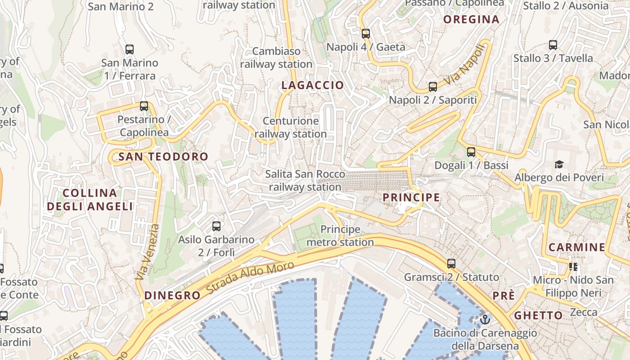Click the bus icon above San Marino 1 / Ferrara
130,49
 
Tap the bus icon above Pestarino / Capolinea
144,106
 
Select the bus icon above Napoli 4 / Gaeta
366,33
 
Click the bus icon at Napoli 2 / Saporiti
433,86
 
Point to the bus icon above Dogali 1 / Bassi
471,152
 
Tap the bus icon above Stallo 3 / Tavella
553,45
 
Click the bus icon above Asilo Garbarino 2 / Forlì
216,226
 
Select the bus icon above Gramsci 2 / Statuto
451,264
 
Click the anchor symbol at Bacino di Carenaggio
485,319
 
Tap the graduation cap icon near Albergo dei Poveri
559,164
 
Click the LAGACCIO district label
313,85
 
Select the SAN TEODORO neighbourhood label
163,157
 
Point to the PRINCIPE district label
411,197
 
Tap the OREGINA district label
471,19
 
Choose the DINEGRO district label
172,295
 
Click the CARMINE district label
577,247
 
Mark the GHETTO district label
538,315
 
